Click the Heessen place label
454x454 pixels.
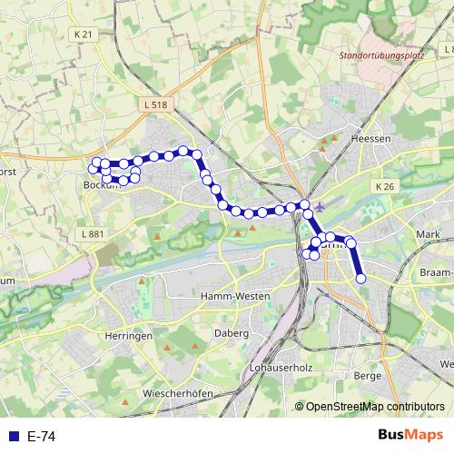[x=370, y=139]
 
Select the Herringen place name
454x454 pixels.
[x=128, y=336]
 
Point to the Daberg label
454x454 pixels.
[x=232, y=334]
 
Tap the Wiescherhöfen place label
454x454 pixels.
[x=178, y=393]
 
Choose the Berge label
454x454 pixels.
[x=367, y=375]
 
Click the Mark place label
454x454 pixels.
[x=427, y=234]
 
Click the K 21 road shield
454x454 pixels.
[x=83, y=35]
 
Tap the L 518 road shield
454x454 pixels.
[x=156, y=105]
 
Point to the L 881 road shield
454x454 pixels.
[x=93, y=234]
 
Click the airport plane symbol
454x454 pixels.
[x=324, y=209]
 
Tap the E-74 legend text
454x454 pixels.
[x=42, y=437]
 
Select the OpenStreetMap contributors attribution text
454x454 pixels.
[x=375, y=407]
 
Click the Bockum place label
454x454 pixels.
[x=101, y=184]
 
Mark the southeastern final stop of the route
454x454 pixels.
[x=360, y=279]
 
